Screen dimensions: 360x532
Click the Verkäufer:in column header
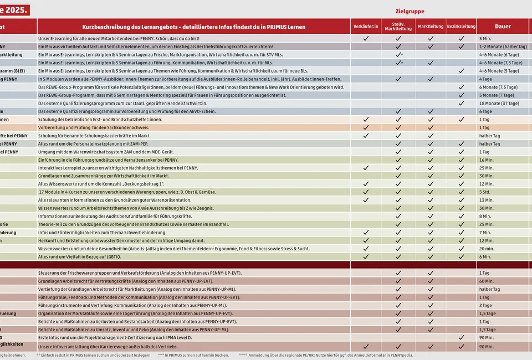pyautogui.click(x=366, y=27)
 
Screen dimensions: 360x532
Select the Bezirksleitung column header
pyautogui.click(x=461, y=27)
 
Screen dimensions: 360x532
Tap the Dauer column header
pyautogui.click(x=503, y=27)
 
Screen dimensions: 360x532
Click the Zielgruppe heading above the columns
pyautogui.click(x=410, y=11)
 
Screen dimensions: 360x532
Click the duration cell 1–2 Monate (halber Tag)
pyautogui.click(x=503, y=47)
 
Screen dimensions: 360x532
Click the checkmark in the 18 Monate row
pyautogui.click(x=461, y=104)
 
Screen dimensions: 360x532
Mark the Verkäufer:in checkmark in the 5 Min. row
pyautogui.click(x=366, y=39)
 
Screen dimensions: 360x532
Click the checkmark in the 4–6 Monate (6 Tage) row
pyautogui.click(x=398, y=55)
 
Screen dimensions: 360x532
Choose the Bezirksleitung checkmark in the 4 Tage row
pyautogui.click(x=461, y=79)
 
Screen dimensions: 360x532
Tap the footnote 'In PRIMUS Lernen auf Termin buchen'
pyautogui.click(x=194, y=356)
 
